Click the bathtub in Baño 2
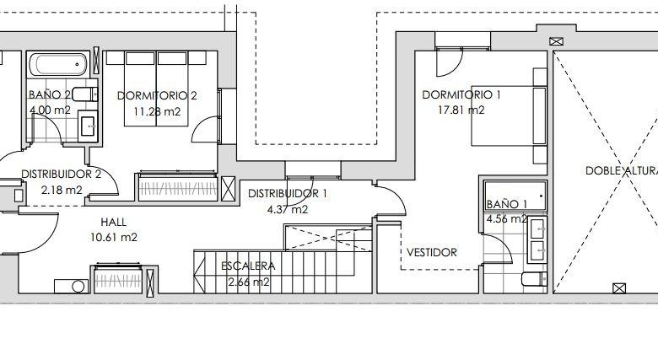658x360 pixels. pyautogui.click(x=59, y=64)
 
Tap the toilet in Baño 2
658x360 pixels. pyautogui.click(x=85, y=94)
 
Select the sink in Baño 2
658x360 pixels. pyautogui.click(x=88, y=126)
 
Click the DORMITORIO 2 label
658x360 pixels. pyautogui.click(x=157, y=95)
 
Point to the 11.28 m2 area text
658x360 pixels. pyautogui.click(x=157, y=111)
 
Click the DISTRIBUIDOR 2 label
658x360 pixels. pyautogui.click(x=62, y=175)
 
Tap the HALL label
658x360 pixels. pyautogui.click(x=113, y=222)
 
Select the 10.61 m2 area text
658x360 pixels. pyautogui.click(x=114, y=238)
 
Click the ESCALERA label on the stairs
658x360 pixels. pyautogui.click(x=248, y=266)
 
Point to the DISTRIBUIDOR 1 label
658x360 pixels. pyautogui.click(x=288, y=193)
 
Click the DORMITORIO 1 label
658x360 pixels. pyautogui.click(x=461, y=94)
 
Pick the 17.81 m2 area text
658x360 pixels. pyautogui.click(x=461, y=110)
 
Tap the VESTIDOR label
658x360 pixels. pyautogui.click(x=432, y=253)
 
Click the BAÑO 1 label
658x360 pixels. pyautogui.click(x=506, y=204)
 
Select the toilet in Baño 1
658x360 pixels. pyautogui.click(x=534, y=278)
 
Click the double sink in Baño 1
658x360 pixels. pyautogui.click(x=537, y=240)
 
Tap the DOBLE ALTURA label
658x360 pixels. pyautogui.click(x=622, y=171)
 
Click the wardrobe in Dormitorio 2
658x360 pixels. pyautogui.click(x=178, y=187)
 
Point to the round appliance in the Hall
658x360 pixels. pyautogui.click(x=78, y=287)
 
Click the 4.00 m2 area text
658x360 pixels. pyautogui.click(x=50, y=110)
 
